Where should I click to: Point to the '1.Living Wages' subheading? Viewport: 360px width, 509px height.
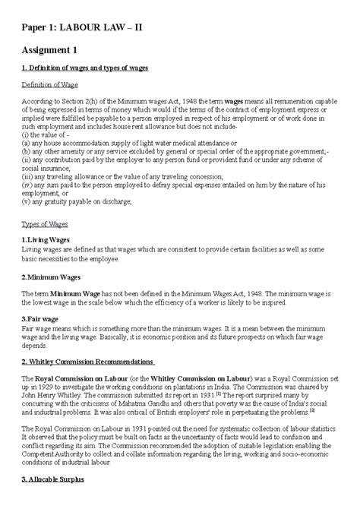[46, 239]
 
